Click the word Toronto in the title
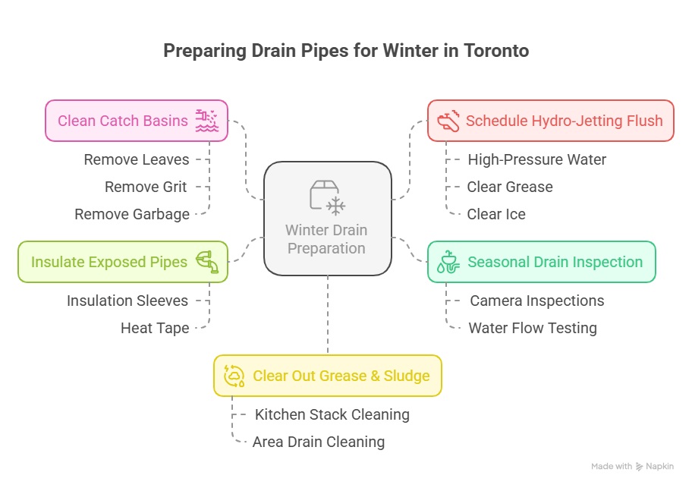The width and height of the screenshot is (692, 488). tap(496, 51)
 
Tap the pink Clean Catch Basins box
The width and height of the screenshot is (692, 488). tap(137, 121)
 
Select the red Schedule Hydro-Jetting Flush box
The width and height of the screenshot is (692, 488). tap(550, 121)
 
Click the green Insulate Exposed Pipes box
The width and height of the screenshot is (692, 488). tap(123, 262)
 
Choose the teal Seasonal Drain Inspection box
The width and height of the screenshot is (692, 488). tap(542, 262)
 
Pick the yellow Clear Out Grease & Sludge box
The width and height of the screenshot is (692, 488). tap(328, 376)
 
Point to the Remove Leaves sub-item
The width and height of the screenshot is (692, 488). tap(137, 159)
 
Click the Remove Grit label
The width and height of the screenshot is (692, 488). tap(146, 187)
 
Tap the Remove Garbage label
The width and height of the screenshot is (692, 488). tap(132, 215)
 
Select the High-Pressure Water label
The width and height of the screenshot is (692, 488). tap(536, 159)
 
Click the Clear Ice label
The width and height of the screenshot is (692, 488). tap(496, 215)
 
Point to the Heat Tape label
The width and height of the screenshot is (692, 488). tap(155, 329)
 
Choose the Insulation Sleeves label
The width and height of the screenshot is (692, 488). tap(127, 301)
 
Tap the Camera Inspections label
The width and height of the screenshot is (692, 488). tap(536, 301)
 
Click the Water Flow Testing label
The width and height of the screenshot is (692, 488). tap(532, 329)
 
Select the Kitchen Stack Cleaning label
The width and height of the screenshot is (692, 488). tap(332, 414)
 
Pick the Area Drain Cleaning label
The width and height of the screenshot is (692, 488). tap(318, 442)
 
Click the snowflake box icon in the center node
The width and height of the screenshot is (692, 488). tap(328, 197)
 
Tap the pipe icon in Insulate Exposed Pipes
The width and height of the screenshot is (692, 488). tap(207, 262)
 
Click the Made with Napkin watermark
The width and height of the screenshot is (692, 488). tap(632, 467)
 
